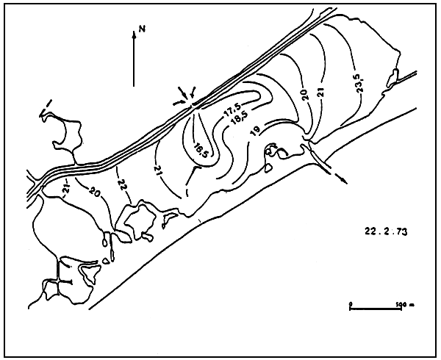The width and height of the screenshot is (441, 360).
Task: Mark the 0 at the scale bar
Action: pyautogui.click(x=351, y=302)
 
